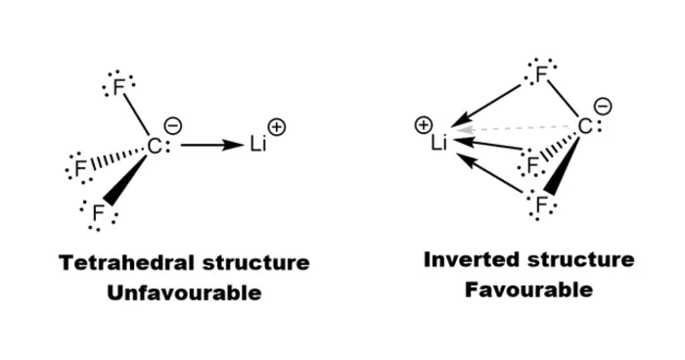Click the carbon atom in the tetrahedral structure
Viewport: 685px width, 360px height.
155,147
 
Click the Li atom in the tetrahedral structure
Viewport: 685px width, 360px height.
258,144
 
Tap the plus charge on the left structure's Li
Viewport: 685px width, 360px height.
277,127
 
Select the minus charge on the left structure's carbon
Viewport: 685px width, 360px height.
173,126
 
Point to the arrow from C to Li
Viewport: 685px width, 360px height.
211,145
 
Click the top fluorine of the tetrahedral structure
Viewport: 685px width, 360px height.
118,87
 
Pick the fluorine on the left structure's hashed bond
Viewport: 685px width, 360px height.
80,168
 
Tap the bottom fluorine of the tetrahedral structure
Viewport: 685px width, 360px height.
98,213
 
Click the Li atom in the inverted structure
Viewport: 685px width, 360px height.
439,143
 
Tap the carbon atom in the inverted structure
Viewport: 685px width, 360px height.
585,127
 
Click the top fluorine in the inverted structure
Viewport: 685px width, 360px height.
541,74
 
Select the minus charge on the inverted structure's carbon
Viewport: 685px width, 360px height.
604,107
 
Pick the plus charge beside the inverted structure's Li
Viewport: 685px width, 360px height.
423,125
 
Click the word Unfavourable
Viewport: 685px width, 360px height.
184,292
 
